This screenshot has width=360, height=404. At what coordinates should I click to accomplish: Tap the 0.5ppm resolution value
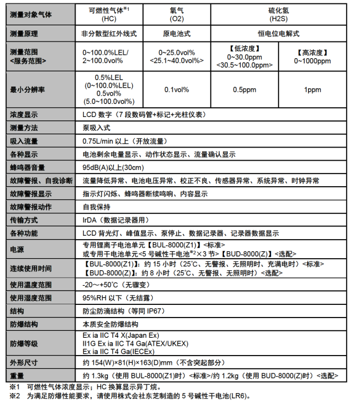(245, 89)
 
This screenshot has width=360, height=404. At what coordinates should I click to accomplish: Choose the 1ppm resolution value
(312, 89)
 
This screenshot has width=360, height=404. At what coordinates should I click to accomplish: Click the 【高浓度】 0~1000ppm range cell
(312, 56)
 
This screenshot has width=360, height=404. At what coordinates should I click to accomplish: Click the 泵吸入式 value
(96, 127)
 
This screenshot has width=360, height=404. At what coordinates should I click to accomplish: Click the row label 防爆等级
(24, 343)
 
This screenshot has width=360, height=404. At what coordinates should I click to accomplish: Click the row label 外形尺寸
(24, 363)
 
